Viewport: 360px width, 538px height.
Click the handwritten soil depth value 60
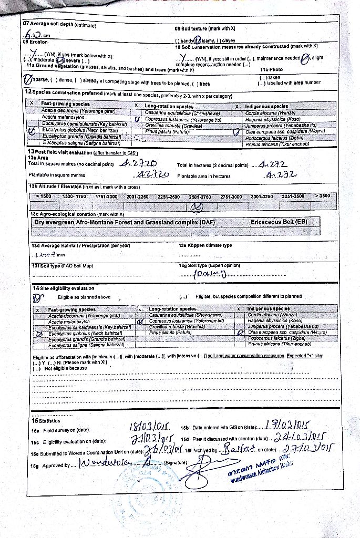tap(33, 34)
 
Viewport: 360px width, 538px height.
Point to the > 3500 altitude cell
tap(322, 195)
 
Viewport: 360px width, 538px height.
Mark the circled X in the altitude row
tap(197, 208)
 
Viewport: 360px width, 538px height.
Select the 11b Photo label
tap(271, 69)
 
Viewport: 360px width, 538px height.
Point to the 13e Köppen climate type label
tap(205, 245)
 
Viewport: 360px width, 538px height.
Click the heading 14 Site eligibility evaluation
tap(64, 288)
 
